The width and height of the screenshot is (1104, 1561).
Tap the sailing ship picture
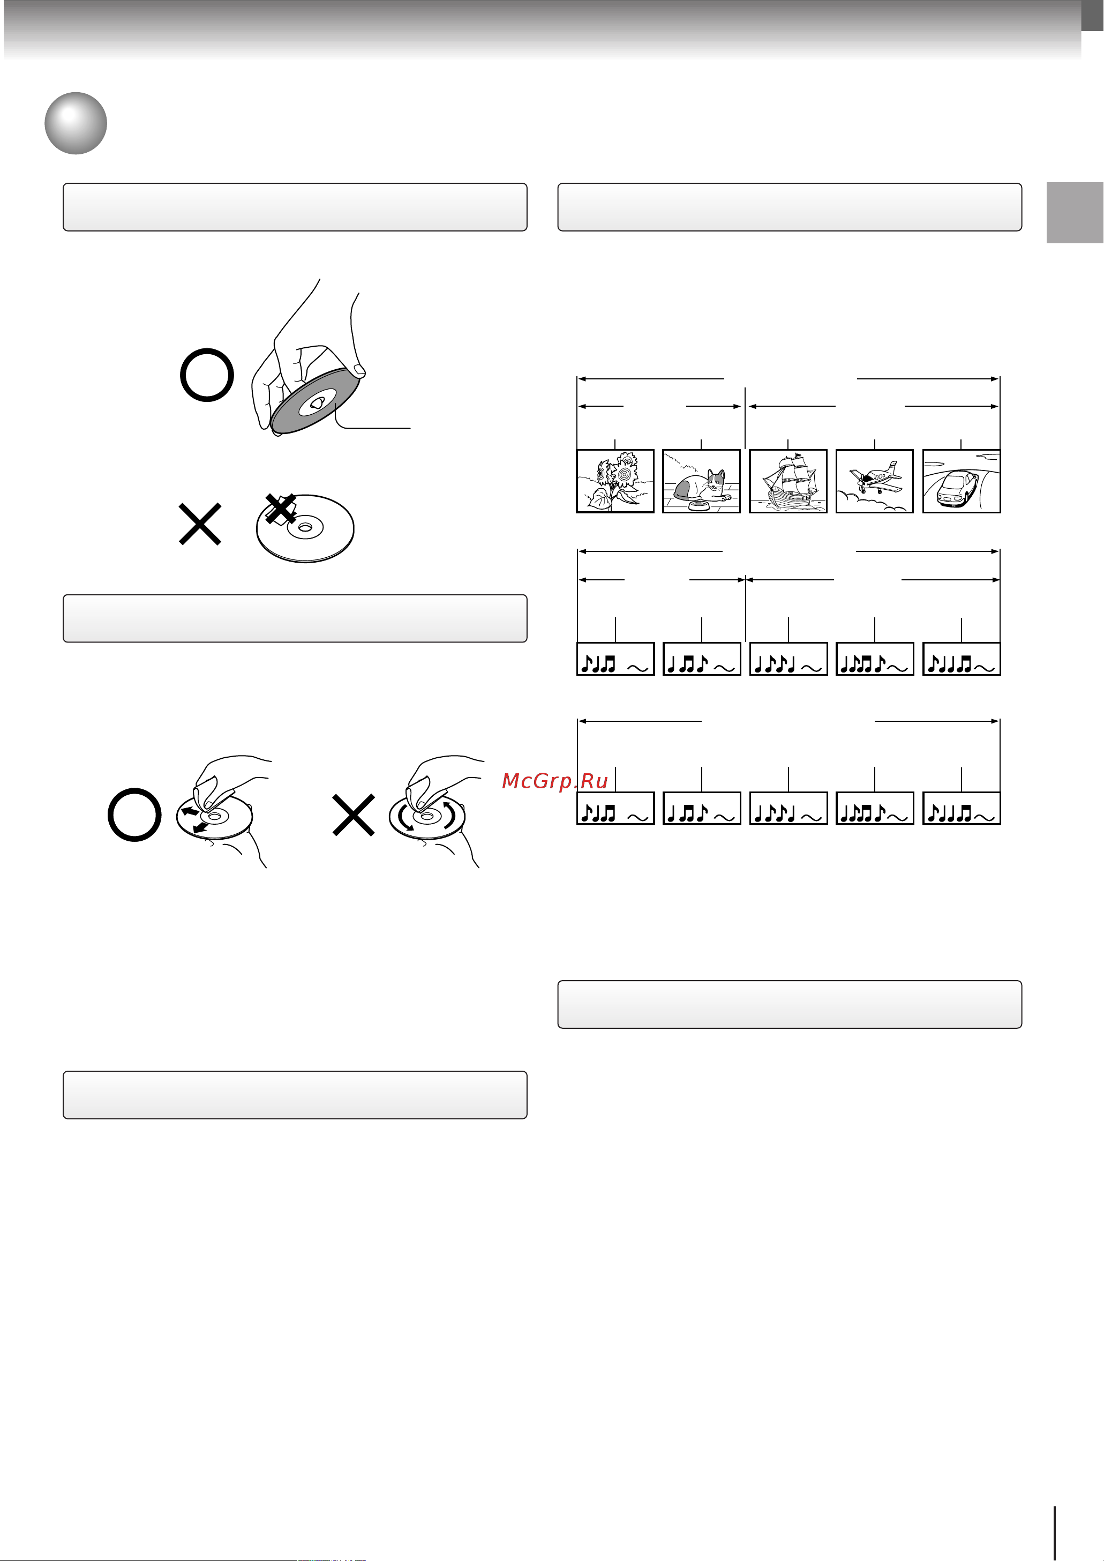coord(788,481)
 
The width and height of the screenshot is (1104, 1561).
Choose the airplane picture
coord(874,481)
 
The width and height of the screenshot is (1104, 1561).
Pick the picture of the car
coord(961,481)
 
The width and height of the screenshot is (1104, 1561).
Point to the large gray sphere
coord(76,123)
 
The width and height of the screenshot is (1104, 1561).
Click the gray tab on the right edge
coord(1075,213)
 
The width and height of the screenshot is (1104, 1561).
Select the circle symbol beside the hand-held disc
coord(207,375)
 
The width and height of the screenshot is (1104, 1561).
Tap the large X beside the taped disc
coord(200,524)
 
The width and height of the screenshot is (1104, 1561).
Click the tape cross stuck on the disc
coord(280,509)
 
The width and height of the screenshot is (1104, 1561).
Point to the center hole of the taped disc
coord(306,527)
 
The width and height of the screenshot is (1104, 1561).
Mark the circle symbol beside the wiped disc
coord(134,815)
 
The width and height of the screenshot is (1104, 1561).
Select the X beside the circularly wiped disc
coord(354,815)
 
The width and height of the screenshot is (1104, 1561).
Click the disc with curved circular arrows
coord(426,816)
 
